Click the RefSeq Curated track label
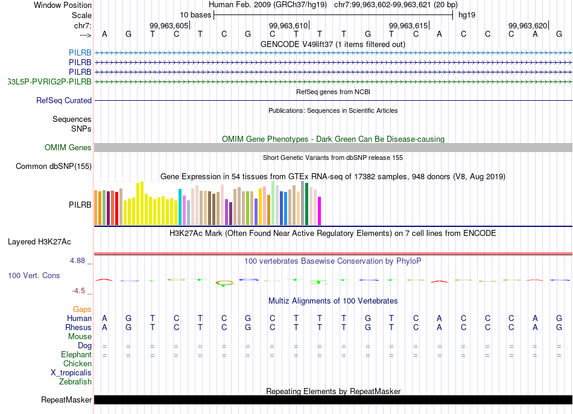pyautogui.click(x=64, y=101)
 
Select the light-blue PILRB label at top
pyautogui.click(x=80, y=53)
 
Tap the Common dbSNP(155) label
pyautogui.click(x=54, y=167)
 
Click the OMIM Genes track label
pyautogui.click(x=68, y=148)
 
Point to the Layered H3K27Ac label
pyautogui.click(x=39, y=242)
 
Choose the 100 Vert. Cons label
pyautogui.click(x=34, y=275)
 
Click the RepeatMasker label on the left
pyautogui.click(x=66, y=400)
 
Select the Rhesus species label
pyautogui.click(x=78, y=327)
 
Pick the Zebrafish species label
pyautogui.click(x=75, y=382)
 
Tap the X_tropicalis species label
pyautogui.click(x=71, y=373)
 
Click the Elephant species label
pyautogui.click(x=77, y=355)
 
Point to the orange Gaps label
pyautogui.click(x=82, y=309)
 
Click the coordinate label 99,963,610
pyautogui.click(x=288, y=25)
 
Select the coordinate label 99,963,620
pyautogui.click(x=527, y=25)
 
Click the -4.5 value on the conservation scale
pyautogui.click(x=80, y=290)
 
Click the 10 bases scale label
pyautogui.click(x=195, y=14)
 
